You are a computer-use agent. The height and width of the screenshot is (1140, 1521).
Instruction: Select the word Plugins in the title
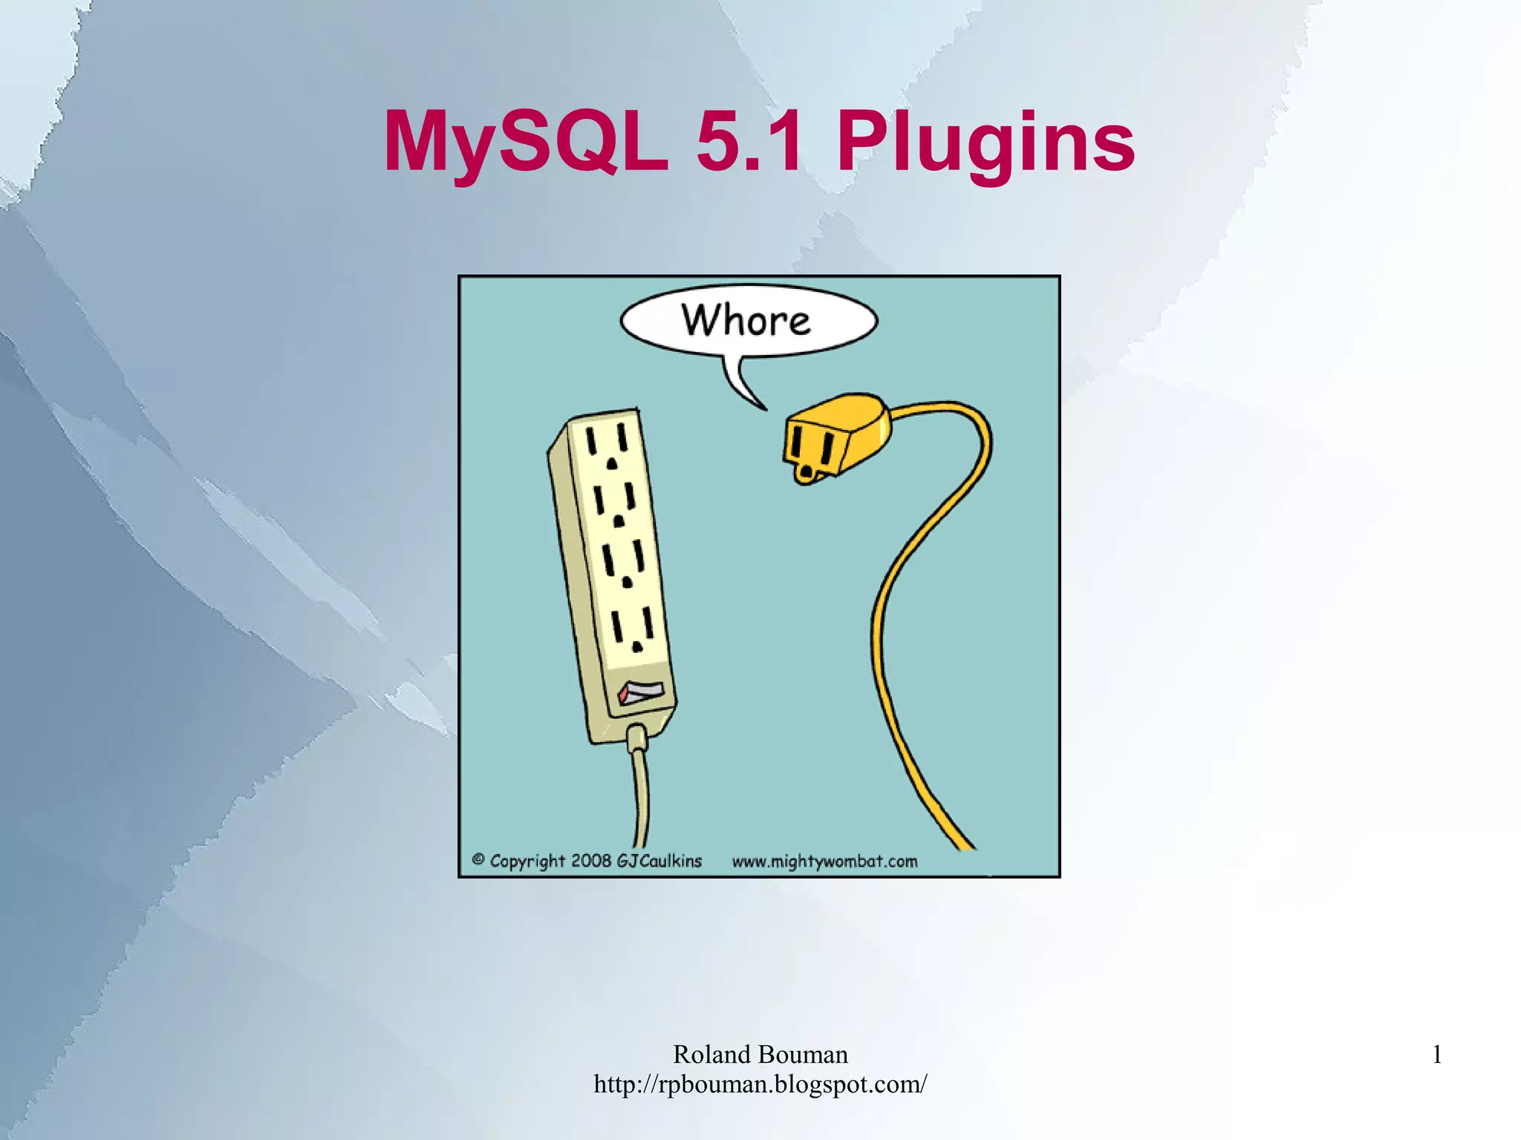[986, 142]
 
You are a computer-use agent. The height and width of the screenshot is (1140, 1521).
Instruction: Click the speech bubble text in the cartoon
[746, 321]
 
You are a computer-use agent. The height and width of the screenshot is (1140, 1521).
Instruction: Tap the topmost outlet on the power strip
[608, 446]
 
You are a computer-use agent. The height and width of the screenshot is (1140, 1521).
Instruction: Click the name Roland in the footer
[712, 1055]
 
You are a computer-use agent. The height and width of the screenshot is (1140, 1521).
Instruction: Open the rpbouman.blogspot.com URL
[760, 1084]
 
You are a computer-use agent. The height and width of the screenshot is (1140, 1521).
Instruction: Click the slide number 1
[1437, 1055]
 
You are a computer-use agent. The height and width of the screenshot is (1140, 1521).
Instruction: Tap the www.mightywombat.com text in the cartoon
[824, 861]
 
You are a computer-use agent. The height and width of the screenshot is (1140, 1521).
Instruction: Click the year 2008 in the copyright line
[591, 861]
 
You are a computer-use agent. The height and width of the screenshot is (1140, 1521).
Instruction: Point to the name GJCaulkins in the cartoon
[659, 861]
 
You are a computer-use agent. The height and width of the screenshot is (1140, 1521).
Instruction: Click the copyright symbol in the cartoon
[478, 860]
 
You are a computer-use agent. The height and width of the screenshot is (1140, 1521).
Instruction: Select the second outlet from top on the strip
[616, 505]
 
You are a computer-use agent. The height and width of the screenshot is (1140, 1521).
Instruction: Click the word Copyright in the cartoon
[527, 861]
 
